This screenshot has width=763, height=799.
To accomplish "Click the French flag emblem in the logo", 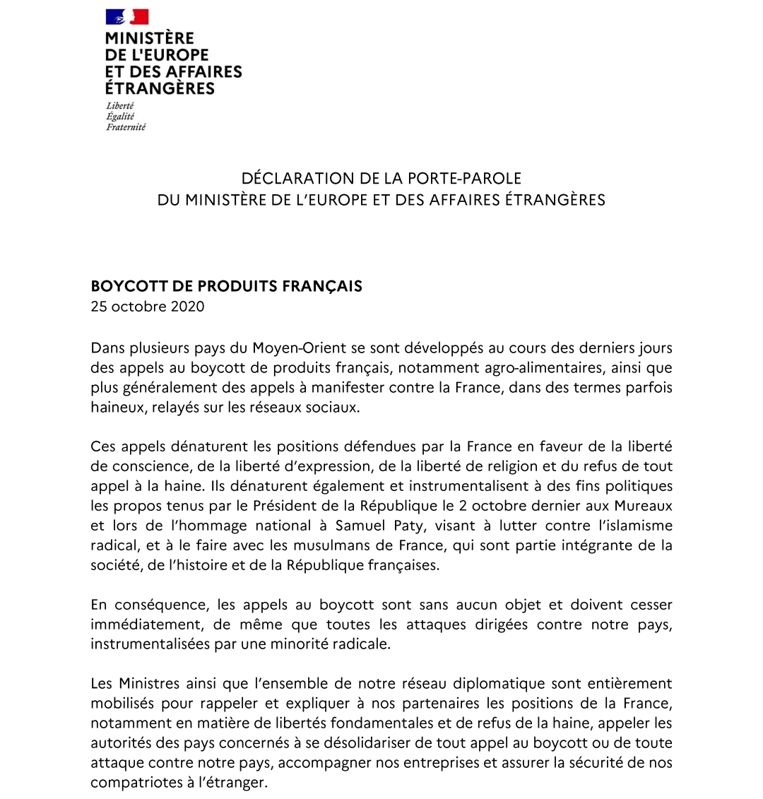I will coord(127,17).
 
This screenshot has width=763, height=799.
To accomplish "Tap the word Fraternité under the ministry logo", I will coord(125,127).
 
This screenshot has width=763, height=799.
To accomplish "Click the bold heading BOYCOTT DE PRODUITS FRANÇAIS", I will coord(226,286).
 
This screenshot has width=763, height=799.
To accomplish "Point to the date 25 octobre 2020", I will coord(147,307).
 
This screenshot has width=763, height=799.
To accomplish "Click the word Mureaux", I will coord(642,507).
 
